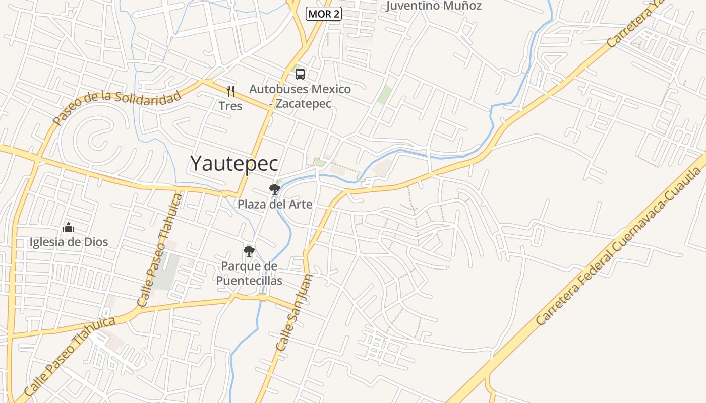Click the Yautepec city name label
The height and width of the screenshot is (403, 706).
pyautogui.click(x=234, y=163)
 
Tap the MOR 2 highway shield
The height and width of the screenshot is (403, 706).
pyautogui.click(x=324, y=14)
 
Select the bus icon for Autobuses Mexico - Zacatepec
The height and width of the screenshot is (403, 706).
pyautogui.click(x=300, y=74)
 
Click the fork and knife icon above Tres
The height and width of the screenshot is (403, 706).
pyautogui.click(x=230, y=91)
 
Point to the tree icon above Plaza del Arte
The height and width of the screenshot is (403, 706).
pyautogui.click(x=275, y=189)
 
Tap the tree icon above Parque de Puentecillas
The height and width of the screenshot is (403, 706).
pyautogui.click(x=249, y=251)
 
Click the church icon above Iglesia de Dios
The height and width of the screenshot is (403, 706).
pyautogui.click(x=69, y=227)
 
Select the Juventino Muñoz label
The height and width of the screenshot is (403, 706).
pyautogui.click(x=434, y=6)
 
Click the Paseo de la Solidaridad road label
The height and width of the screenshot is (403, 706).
pyautogui.click(x=117, y=107)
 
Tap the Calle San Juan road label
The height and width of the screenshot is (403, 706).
pyautogui.click(x=294, y=313)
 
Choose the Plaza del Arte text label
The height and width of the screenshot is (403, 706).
pyautogui.click(x=275, y=205)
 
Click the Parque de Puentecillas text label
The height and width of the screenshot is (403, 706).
pyautogui.click(x=249, y=273)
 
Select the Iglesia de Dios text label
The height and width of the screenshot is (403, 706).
pyautogui.click(x=69, y=242)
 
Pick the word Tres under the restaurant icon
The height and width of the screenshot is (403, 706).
pyautogui.click(x=230, y=106)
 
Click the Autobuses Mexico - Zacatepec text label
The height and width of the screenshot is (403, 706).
pyautogui.click(x=300, y=96)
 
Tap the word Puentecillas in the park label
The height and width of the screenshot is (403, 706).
pyautogui.click(x=249, y=281)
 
